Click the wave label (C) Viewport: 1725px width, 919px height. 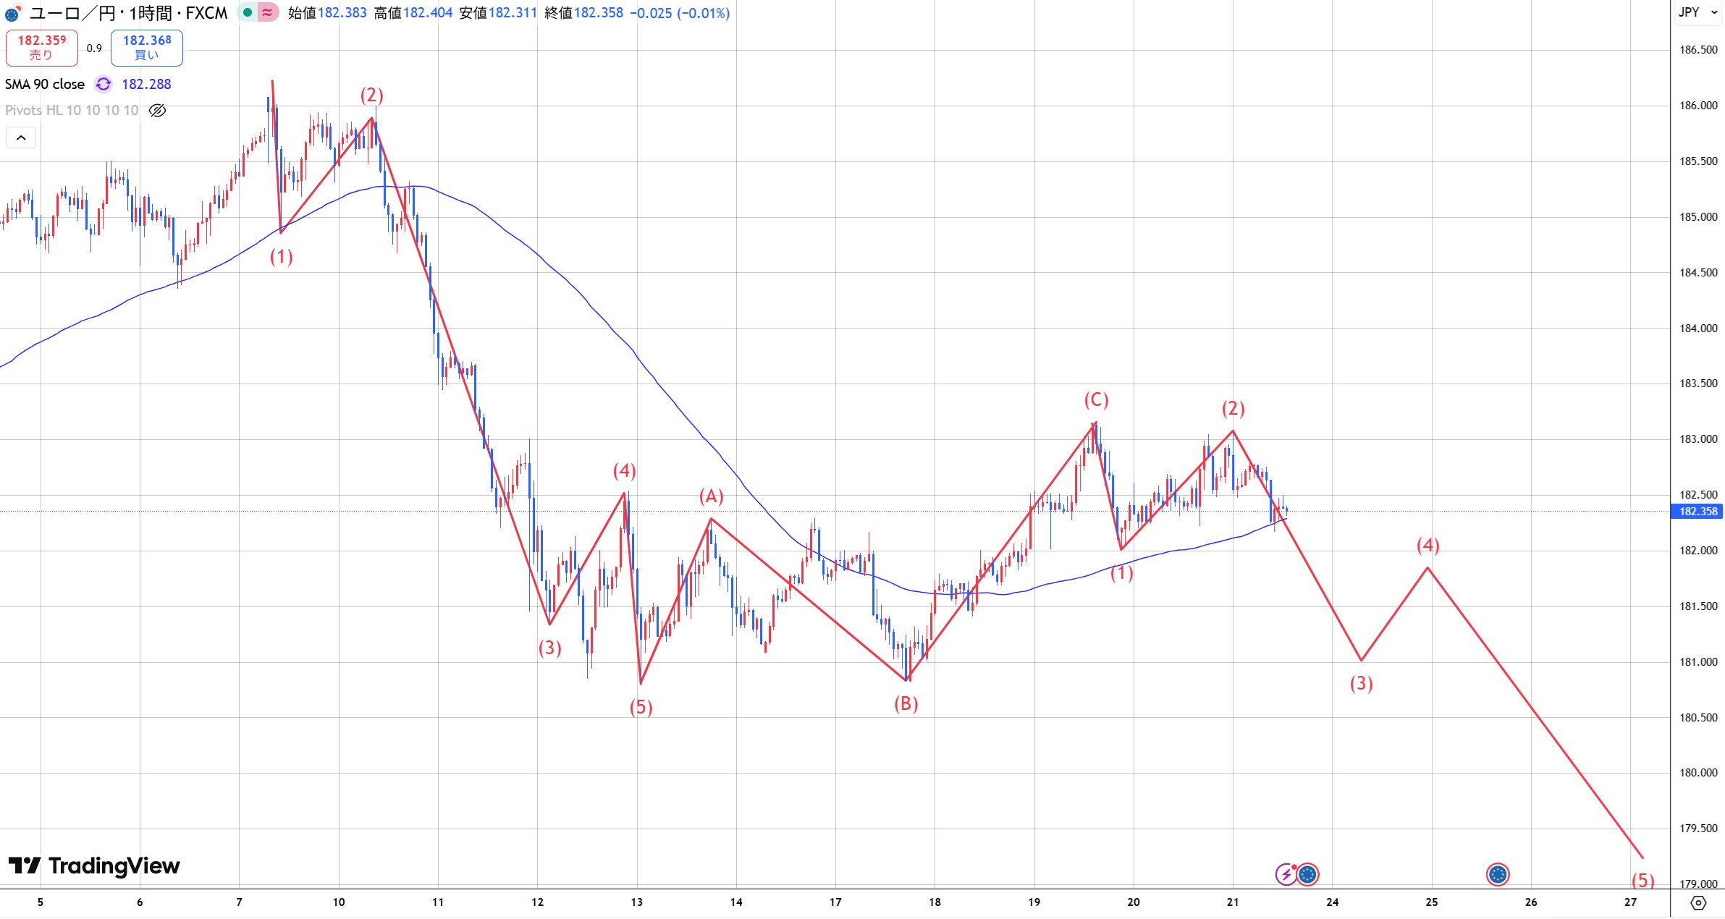point(1096,400)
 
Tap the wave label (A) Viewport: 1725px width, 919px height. point(711,496)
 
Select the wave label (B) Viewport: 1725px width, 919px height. point(906,703)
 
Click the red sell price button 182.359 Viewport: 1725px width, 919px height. point(41,47)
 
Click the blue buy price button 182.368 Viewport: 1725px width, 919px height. point(147,47)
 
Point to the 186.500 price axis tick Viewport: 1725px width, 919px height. point(1697,50)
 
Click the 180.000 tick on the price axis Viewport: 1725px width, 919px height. point(1697,773)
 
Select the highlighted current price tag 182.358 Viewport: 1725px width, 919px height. point(1697,512)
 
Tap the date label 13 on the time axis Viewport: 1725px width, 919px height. point(636,902)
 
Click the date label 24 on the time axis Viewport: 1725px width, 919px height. point(1332,902)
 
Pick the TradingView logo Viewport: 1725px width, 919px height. point(94,865)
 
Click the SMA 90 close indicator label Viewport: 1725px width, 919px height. point(45,85)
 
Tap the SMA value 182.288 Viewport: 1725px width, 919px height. point(146,85)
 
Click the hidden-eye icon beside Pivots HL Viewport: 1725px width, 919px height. point(157,111)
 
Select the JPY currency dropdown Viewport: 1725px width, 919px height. point(1697,12)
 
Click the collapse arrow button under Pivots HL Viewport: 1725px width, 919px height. point(21,137)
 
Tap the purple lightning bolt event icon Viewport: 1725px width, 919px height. point(1286,874)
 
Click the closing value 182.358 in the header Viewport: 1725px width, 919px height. point(599,13)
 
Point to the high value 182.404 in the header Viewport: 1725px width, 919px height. point(428,13)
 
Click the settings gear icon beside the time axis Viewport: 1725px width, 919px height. point(1698,902)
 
